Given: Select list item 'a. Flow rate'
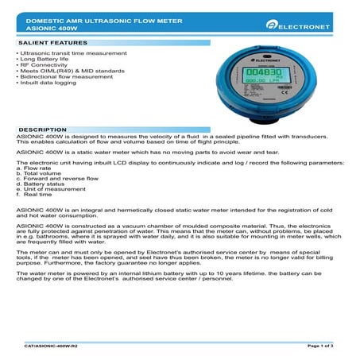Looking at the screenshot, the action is click(33, 168).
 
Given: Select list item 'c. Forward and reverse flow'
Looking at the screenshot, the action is click(56, 180).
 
